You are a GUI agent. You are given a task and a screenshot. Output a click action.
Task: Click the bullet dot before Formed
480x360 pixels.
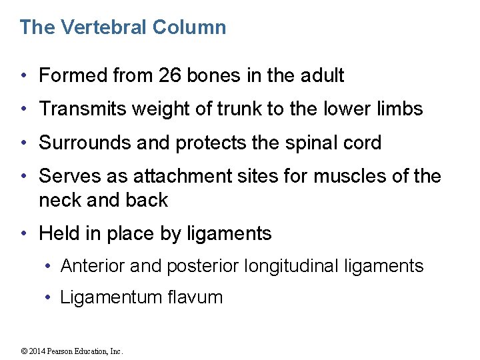(24, 77)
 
